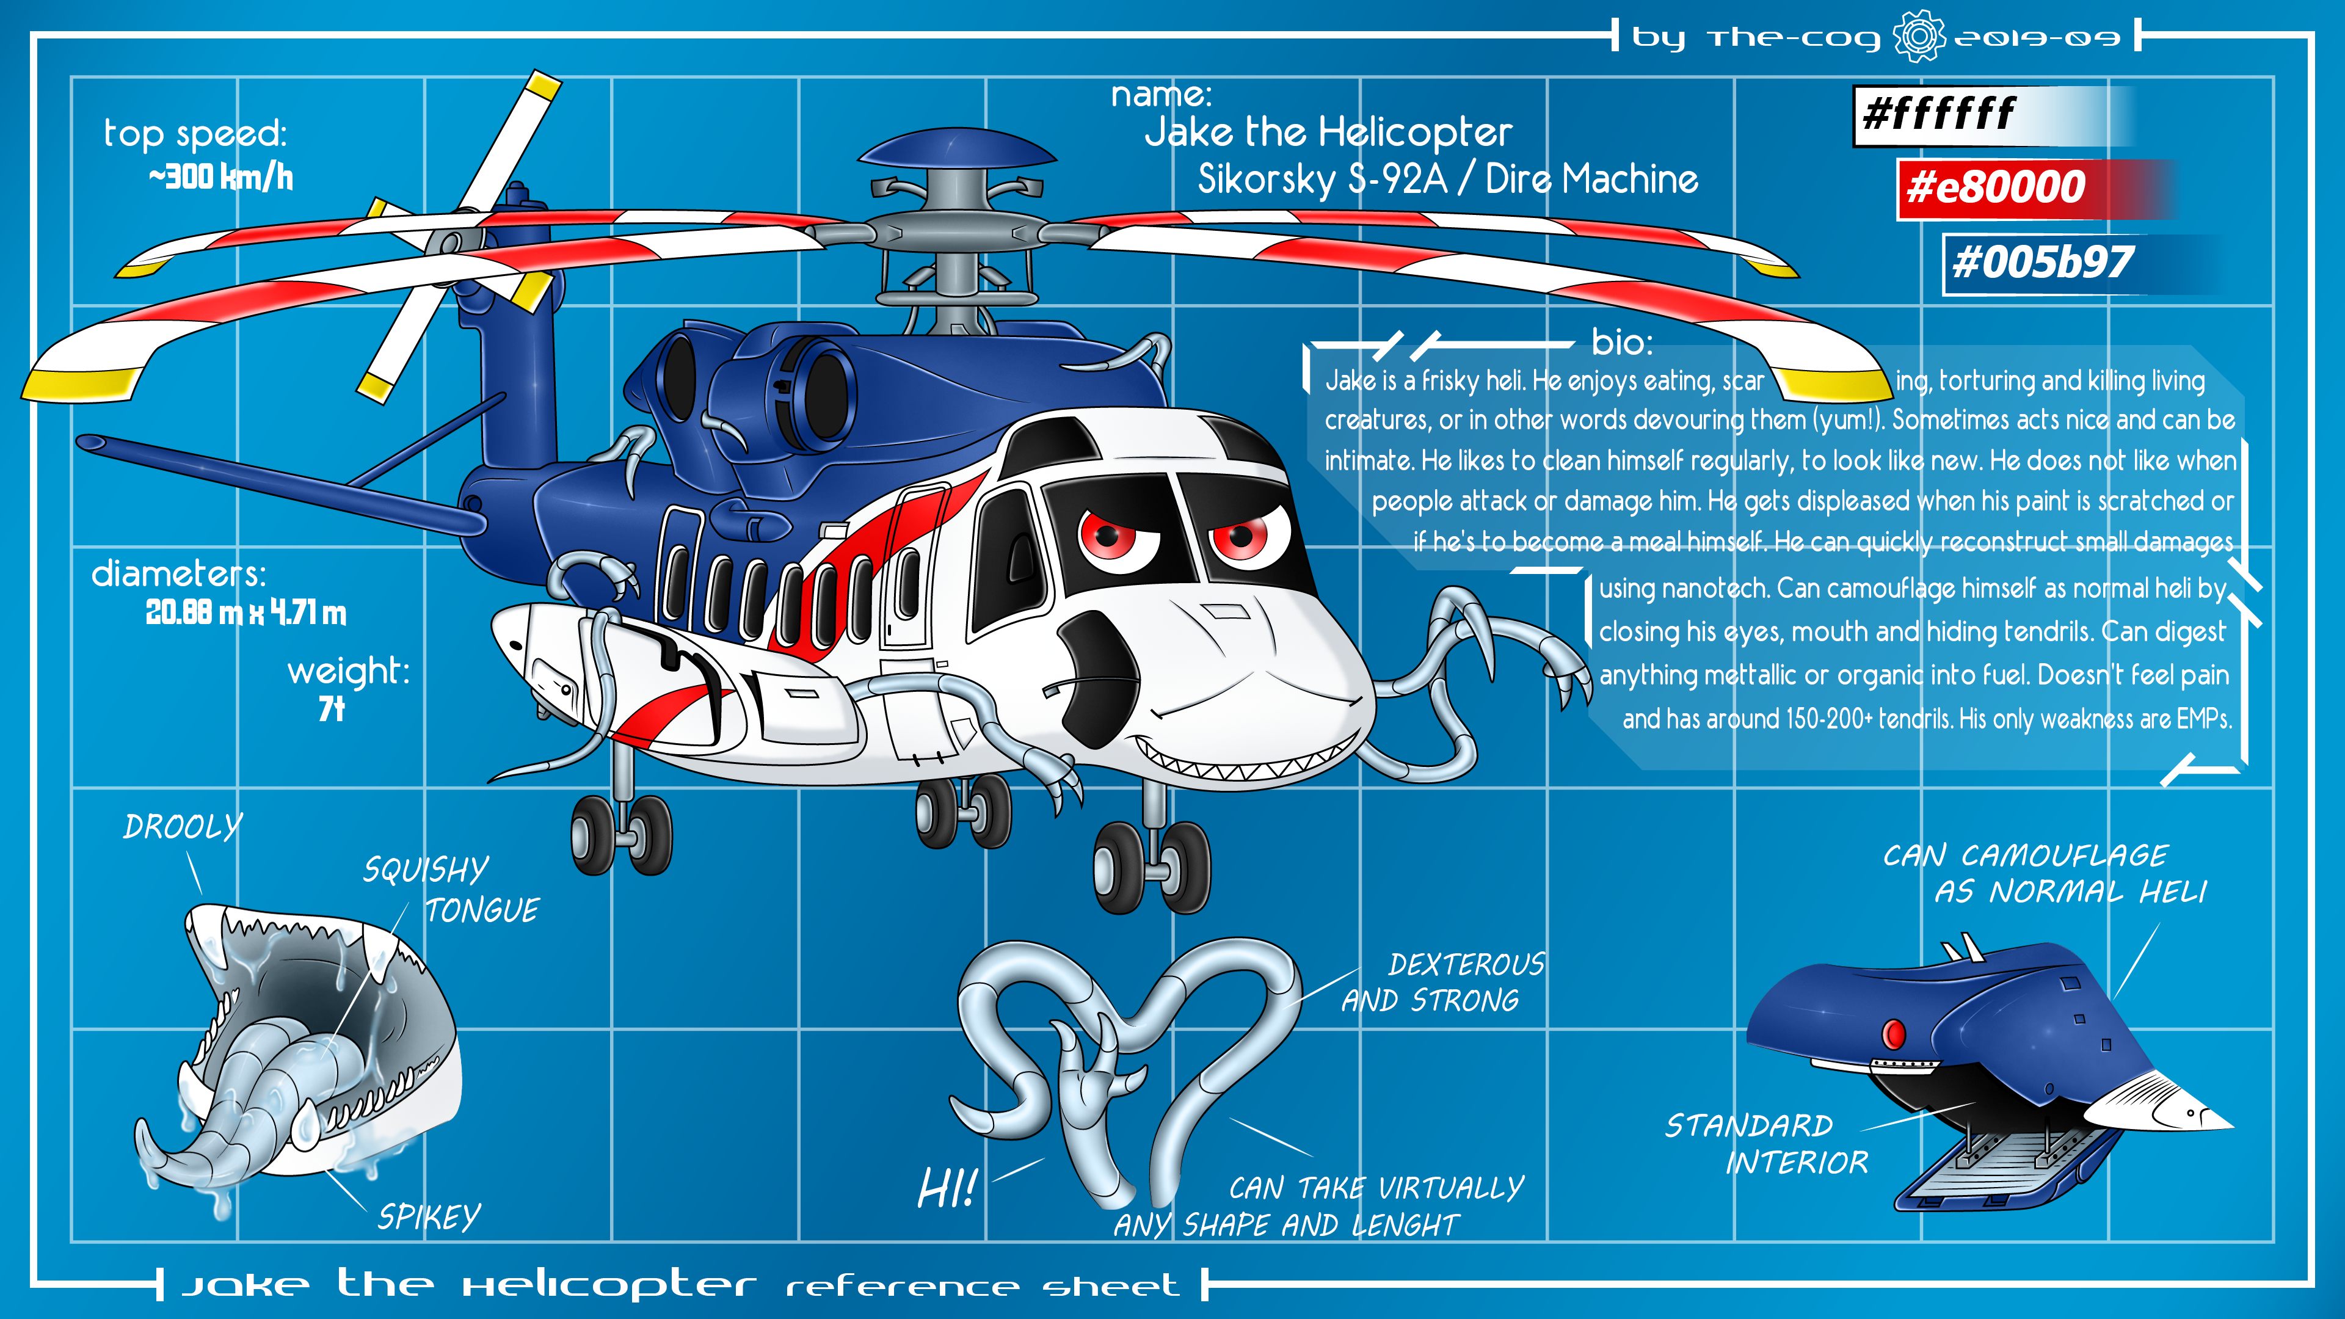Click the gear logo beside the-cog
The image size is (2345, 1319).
click(1918, 37)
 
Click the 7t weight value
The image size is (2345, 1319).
click(332, 708)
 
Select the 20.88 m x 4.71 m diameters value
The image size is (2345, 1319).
click(245, 612)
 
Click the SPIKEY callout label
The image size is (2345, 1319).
click(429, 1217)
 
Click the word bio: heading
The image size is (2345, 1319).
click(1621, 342)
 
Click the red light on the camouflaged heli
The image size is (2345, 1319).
click(1894, 1034)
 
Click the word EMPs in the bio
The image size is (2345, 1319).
click(2204, 719)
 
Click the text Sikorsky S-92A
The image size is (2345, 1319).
click(1322, 180)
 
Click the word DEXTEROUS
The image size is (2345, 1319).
click(1466, 964)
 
